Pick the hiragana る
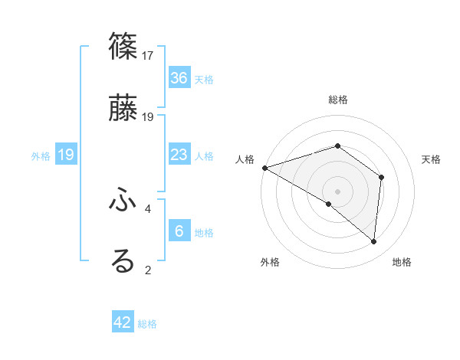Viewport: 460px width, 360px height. pos(123,260)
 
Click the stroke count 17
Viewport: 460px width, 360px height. pos(149,56)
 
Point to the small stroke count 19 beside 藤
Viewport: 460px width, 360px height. pos(149,116)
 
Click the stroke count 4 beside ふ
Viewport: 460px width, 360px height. pos(148,208)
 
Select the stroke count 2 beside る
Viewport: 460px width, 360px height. pos(148,269)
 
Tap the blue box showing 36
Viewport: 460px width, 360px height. pos(179,77)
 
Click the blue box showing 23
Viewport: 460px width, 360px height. pos(179,155)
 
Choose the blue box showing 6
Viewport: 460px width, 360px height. pos(179,231)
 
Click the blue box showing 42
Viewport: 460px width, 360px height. pos(123,322)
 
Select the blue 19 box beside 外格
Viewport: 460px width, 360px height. pos(66,155)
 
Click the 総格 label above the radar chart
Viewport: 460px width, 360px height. pos(337,100)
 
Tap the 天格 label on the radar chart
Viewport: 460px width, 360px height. pos(432,159)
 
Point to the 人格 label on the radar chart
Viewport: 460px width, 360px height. pos(245,159)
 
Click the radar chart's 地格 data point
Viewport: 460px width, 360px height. pos(374,242)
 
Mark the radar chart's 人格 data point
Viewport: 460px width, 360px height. pos(264,167)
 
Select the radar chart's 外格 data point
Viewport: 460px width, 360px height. pos(328,204)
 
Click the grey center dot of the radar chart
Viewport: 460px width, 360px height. pos(337,191)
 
